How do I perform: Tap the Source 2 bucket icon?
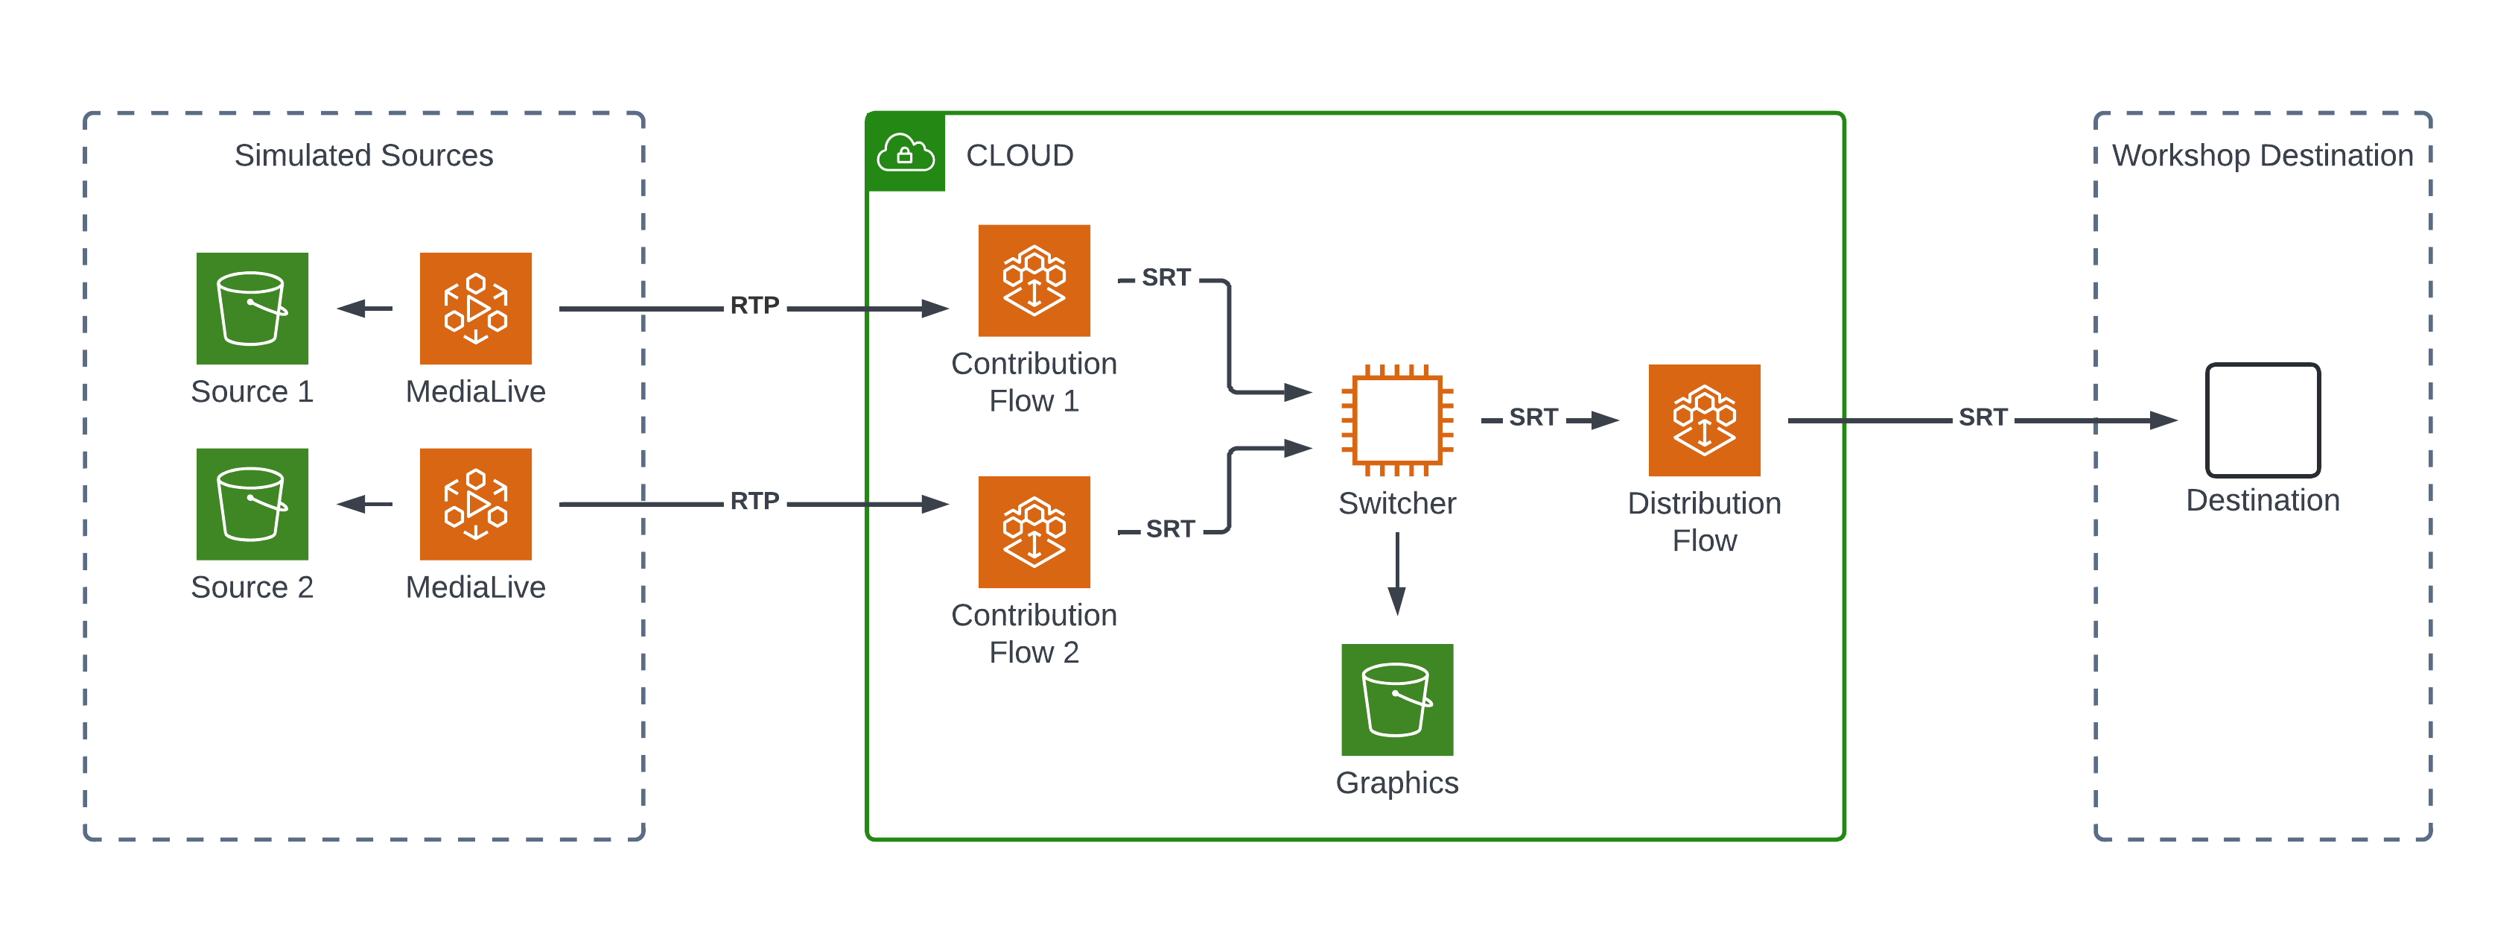click(x=252, y=504)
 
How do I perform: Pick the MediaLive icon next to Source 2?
click(x=475, y=504)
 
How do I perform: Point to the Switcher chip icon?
click(x=1397, y=420)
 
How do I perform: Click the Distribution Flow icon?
click(x=1704, y=420)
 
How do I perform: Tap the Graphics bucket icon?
click(x=1397, y=699)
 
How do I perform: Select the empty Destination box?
click(x=2262, y=420)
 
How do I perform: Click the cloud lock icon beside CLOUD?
click(x=905, y=154)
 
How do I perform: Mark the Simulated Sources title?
click(x=363, y=156)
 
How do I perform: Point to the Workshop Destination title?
click(x=2262, y=156)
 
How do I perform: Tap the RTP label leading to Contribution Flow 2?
click(x=754, y=501)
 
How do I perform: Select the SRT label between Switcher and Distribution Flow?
click(x=1533, y=417)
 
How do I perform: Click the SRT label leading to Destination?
click(x=1983, y=417)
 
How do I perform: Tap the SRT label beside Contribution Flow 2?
click(x=1170, y=529)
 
